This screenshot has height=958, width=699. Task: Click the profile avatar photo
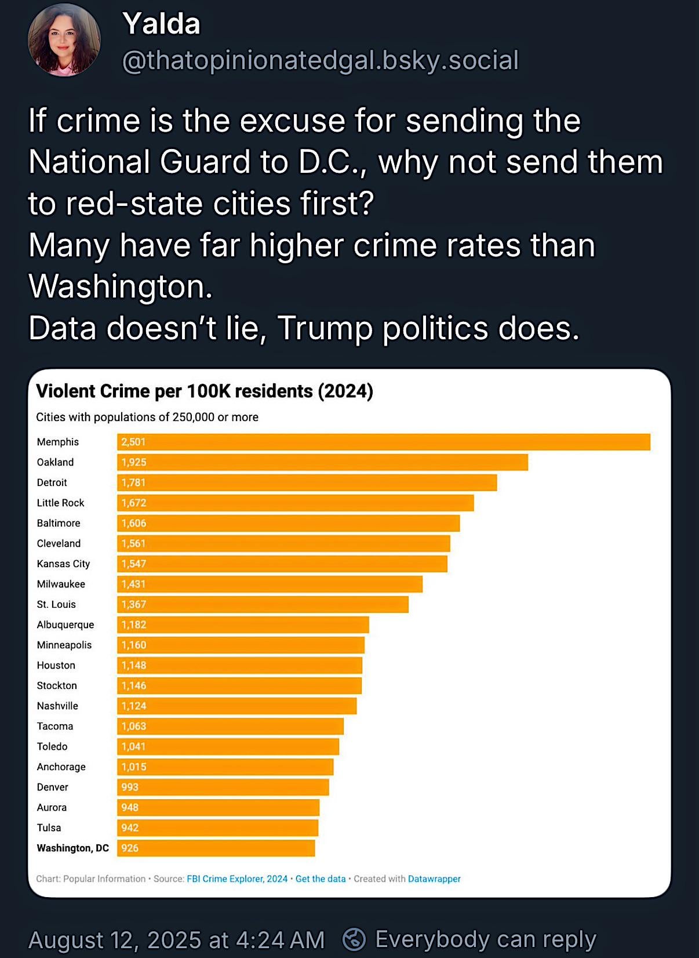(64, 40)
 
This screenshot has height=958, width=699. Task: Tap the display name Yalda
(162, 24)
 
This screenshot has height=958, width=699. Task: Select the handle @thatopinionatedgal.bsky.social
(321, 60)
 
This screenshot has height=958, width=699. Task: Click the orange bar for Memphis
(384, 442)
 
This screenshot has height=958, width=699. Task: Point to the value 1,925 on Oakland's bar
(134, 462)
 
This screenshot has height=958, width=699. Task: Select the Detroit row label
(52, 482)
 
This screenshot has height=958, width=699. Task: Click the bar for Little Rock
(296, 503)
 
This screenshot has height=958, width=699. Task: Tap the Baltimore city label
(59, 523)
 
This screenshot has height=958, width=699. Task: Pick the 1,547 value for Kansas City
(134, 564)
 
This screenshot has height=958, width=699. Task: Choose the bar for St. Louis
(263, 604)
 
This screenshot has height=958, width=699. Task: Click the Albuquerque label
(65, 625)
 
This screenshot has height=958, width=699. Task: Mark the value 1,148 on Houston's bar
(134, 666)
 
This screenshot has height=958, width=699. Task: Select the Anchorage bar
(225, 767)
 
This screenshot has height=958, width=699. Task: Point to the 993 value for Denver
(129, 788)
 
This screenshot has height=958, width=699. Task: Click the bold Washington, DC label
(72, 848)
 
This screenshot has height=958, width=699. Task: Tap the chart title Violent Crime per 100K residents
(174, 391)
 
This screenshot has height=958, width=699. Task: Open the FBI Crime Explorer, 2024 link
(237, 879)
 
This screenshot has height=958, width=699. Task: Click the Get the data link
(321, 879)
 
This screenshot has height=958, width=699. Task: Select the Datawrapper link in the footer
(434, 879)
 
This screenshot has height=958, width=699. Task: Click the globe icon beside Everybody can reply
(354, 939)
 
